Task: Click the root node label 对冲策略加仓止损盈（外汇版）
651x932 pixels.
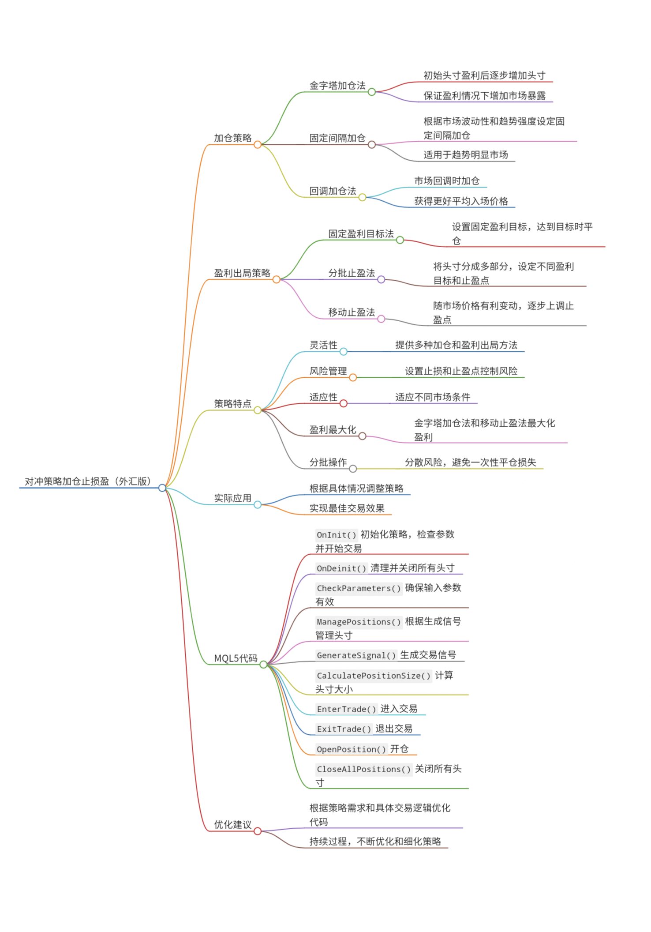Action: [x=88, y=481]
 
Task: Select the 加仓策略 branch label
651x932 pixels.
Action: [x=232, y=138]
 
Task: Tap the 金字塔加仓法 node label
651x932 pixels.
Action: [x=337, y=85]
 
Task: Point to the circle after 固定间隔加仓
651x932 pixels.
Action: [x=372, y=145]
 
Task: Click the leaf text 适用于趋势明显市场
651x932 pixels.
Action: [x=465, y=154]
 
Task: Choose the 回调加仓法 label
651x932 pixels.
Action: [x=333, y=191]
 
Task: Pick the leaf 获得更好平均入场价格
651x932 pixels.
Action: [x=461, y=201]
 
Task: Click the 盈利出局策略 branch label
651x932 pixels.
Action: [x=242, y=273]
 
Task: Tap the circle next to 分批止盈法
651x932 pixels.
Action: [x=381, y=279]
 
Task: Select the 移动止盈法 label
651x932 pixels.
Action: [x=351, y=312]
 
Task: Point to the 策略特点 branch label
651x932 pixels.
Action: [x=232, y=403]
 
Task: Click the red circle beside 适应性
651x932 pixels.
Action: [x=344, y=403]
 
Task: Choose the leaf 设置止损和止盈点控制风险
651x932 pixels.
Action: [x=461, y=371]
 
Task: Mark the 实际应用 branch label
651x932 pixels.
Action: [x=232, y=498]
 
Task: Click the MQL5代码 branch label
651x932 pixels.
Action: [x=236, y=658]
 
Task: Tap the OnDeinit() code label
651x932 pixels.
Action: [x=341, y=568]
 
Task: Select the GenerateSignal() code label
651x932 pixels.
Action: [x=356, y=655]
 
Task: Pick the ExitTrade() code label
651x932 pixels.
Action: [x=344, y=729]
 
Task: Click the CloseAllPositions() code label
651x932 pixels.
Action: [x=363, y=769]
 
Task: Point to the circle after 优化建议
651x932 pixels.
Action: [x=258, y=831]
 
